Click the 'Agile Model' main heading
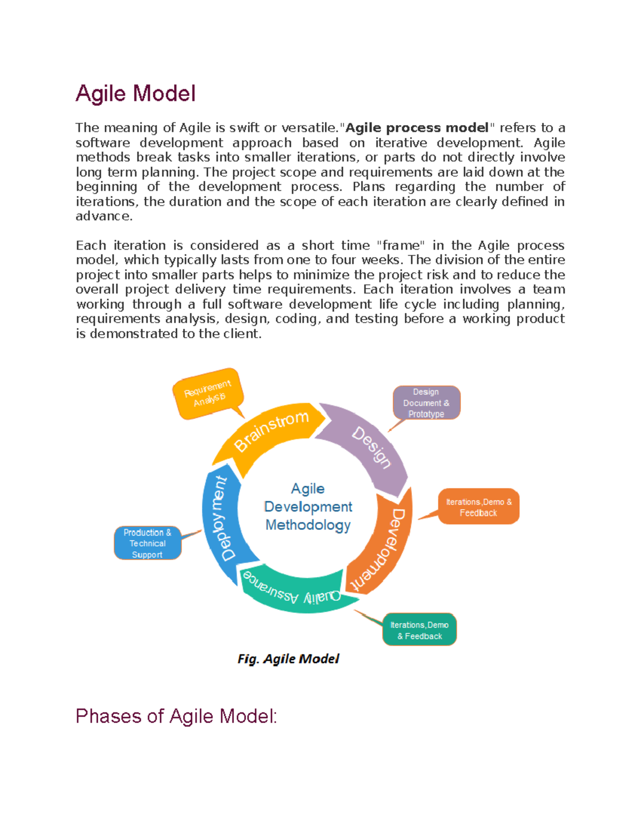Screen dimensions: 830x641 pos(136,94)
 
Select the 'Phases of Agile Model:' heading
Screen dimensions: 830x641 pos(176,716)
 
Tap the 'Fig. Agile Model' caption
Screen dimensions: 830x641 pos(288,658)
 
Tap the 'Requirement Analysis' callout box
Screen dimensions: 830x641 pos(208,393)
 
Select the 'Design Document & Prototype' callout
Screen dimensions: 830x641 pos(426,403)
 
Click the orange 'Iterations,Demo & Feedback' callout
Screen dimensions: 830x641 pos(479,507)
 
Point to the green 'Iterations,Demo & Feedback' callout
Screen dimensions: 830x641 pos(419,630)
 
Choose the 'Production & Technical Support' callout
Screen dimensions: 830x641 pos(147,543)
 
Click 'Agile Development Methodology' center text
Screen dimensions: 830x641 pos(308,507)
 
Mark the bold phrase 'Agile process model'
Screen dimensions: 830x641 pos(417,128)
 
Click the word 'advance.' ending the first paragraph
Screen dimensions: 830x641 pos(104,216)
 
